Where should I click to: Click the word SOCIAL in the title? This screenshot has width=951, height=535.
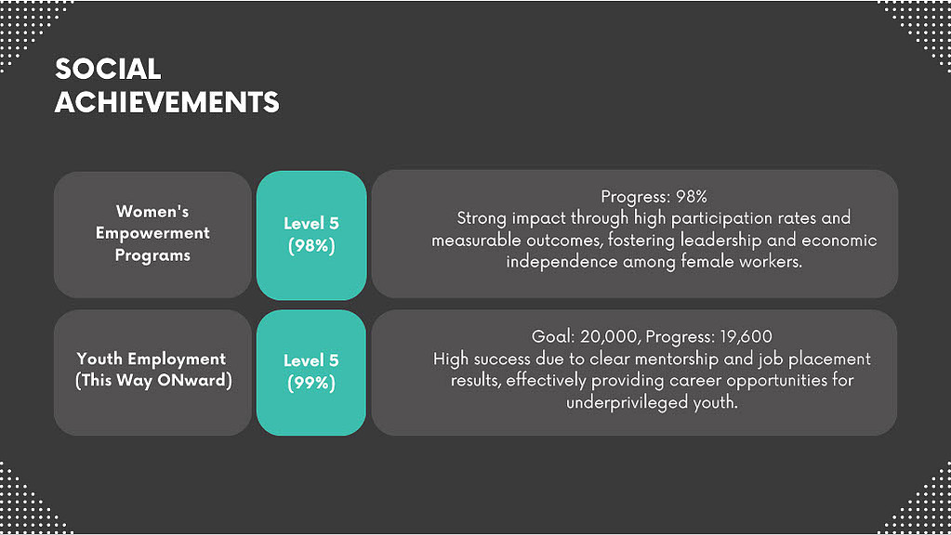coord(108,69)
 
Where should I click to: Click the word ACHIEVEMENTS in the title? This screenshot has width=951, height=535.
coord(166,102)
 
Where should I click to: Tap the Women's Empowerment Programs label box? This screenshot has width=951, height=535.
coord(152,234)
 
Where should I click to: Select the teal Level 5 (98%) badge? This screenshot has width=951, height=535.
coord(311,235)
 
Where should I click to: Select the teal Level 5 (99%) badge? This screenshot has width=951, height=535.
coord(311,372)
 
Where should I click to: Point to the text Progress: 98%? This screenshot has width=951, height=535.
coord(654,196)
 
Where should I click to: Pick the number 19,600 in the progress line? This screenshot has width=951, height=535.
coord(746,336)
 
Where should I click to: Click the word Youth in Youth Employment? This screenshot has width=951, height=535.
coord(99,359)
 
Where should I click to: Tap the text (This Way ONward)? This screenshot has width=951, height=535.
coord(153,381)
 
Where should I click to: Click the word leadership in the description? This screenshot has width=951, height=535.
coord(720,240)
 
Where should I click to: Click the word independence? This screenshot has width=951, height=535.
coord(561,262)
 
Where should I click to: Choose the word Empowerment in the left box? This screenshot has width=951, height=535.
coord(152,233)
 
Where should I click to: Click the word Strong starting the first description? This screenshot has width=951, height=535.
coord(482,218)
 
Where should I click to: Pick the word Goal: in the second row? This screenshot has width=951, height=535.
coord(553,336)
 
